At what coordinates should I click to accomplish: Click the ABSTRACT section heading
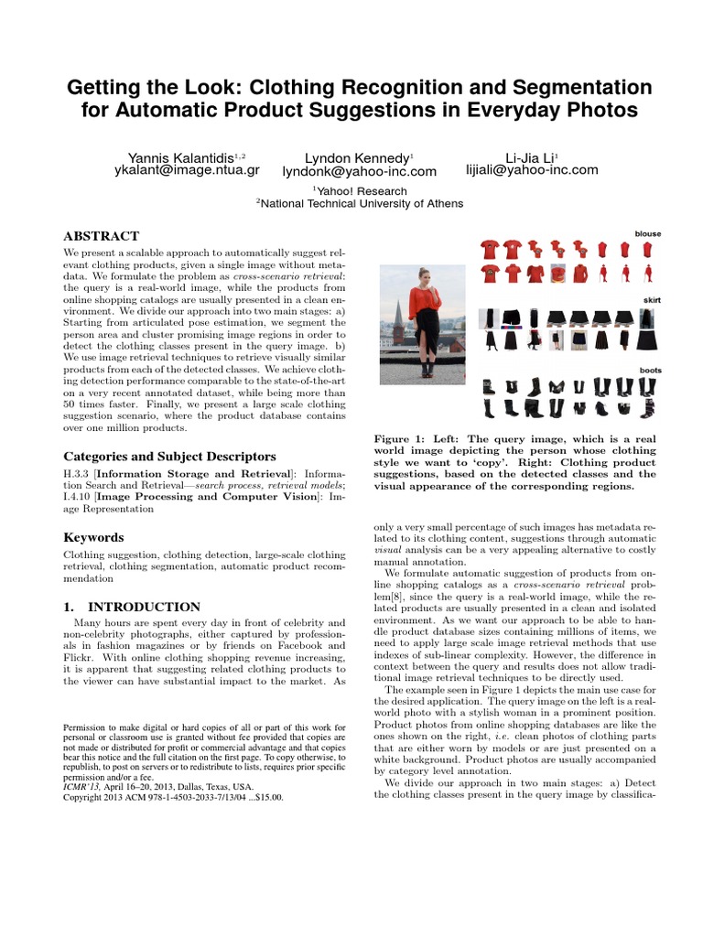pyautogui.click(x=101, y=236)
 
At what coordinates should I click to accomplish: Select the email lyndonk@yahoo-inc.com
pyautogui.click(x=359, y=171)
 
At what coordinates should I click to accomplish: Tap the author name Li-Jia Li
pyautogui.click(x=530, y=156)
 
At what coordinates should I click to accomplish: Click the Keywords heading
pyautogui.click(x=93, y=537)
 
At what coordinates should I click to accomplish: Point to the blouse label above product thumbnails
pyautogui.click(x=647, y=234)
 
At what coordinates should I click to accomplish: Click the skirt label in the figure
pyautogui.click(x=651, y=300)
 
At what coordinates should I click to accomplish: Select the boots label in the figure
pyautogui.click(x=649, y=370)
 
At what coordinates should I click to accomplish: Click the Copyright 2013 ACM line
pyautogui.click(x=173, y=797)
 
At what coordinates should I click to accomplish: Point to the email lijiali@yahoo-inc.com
pyautogui.click(x=531, y=170)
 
